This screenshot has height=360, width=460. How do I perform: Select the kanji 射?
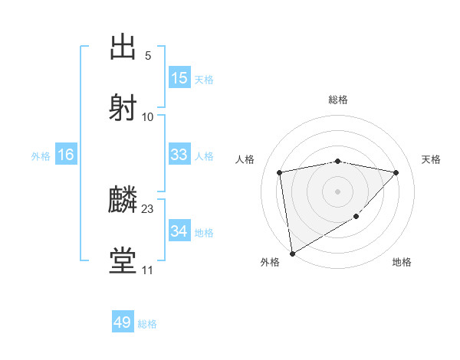pyautogui.click(x=123, y=106)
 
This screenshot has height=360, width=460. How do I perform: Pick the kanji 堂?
pyautogui.click(x=123, y=261)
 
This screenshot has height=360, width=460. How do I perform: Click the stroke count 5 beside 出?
pyautogui.click(x=148, y=56)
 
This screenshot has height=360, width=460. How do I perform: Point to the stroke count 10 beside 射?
pyautogui.click(x=148, y=116)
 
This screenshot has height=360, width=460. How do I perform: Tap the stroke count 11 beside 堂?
pyautogui.click(x=148, y=270)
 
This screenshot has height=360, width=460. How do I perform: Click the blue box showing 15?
pyautogui.click(x=179, y=78)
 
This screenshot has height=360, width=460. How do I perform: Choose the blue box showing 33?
pyautogui.click(x=179, y=155)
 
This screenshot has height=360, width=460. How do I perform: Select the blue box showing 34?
pyautogui.click(x=179, y=231)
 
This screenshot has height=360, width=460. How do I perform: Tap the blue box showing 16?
pyautogui.click(x=66, y=155)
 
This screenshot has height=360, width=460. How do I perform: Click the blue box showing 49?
pyautogui.click(x=123, y=322)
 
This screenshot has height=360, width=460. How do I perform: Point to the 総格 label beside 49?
pyautogui.click(x=147, y=324)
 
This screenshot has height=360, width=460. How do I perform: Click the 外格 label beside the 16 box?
pyautogui.click(x=41, y=156)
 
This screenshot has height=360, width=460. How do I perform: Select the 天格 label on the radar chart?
pyautogui.click(x=431, y=159)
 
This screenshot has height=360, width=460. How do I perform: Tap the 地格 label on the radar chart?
pyautogui.click(x=402, y=262)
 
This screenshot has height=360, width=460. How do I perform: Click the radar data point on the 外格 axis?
pyautogui.click(x=291, y=253)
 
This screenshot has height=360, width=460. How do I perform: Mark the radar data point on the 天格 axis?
pyautogui.click(x=396, y=172)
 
